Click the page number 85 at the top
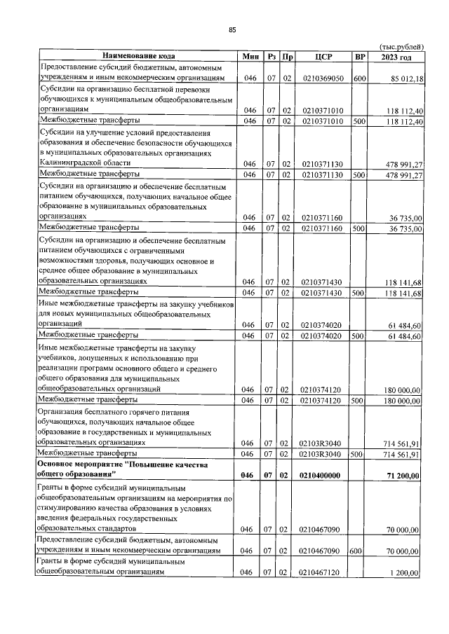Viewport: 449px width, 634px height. click(x=232, y=29)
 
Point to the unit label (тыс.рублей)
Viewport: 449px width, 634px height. click(x=401, y=47)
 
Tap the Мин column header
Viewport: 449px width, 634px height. click(x=249, y=56)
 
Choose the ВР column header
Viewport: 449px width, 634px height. click(x=360, y=56)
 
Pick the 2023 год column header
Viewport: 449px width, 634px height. click(x=396, y=56)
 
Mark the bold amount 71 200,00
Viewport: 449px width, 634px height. click(x=402, y=476)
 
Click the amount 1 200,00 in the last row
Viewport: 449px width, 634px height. click(x=405, y=573)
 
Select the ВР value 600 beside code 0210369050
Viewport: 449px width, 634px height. click(x=360, y=79)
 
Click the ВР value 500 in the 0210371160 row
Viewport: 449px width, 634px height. click(x=358, y=228)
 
